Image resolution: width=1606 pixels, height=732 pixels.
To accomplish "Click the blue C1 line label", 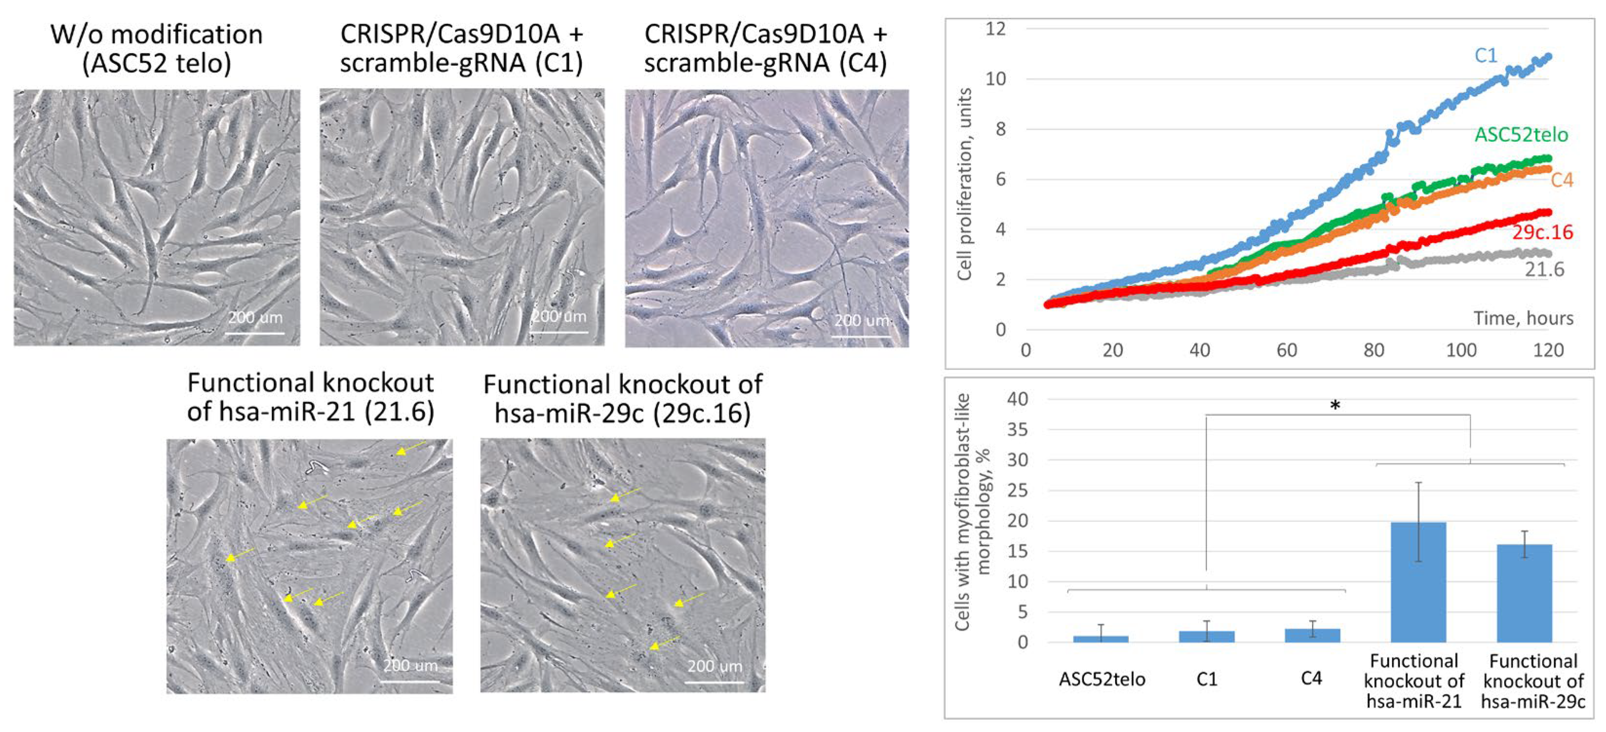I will click(x=1485, y=56).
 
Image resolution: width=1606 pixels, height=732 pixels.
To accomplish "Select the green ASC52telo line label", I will click(x=1521, y=135).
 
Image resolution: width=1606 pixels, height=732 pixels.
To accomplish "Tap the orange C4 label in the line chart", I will click(x=1562, y=180).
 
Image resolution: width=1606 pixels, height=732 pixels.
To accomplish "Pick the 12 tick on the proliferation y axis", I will click(x=996, y=29).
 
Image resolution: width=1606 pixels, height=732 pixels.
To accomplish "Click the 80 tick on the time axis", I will click(x=1374, y=350).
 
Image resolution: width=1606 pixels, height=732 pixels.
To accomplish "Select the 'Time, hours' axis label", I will click(x=1523, y=319).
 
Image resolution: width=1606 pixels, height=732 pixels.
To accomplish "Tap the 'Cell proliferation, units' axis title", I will click(x=965, y=184).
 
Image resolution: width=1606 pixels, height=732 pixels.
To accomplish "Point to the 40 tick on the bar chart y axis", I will click(x=1017, y=399).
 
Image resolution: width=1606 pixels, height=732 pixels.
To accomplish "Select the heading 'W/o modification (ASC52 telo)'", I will click(x=156, y=49).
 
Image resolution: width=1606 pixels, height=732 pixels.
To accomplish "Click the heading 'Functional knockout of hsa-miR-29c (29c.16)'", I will click(x=622, y=399).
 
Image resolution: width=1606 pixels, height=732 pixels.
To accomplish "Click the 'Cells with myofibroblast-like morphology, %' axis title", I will click(x=972, y=511).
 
